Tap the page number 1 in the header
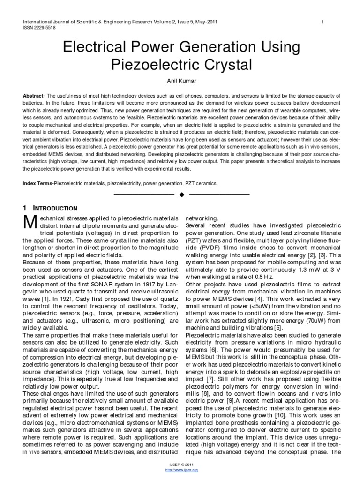pyautogui.click(x=323, y=22)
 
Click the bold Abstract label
pyautogui.click(x=33, y=96)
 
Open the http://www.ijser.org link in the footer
pyautogui.click(x=180, y=469)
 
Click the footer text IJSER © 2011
pyautogui.click(x=180, y=464)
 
